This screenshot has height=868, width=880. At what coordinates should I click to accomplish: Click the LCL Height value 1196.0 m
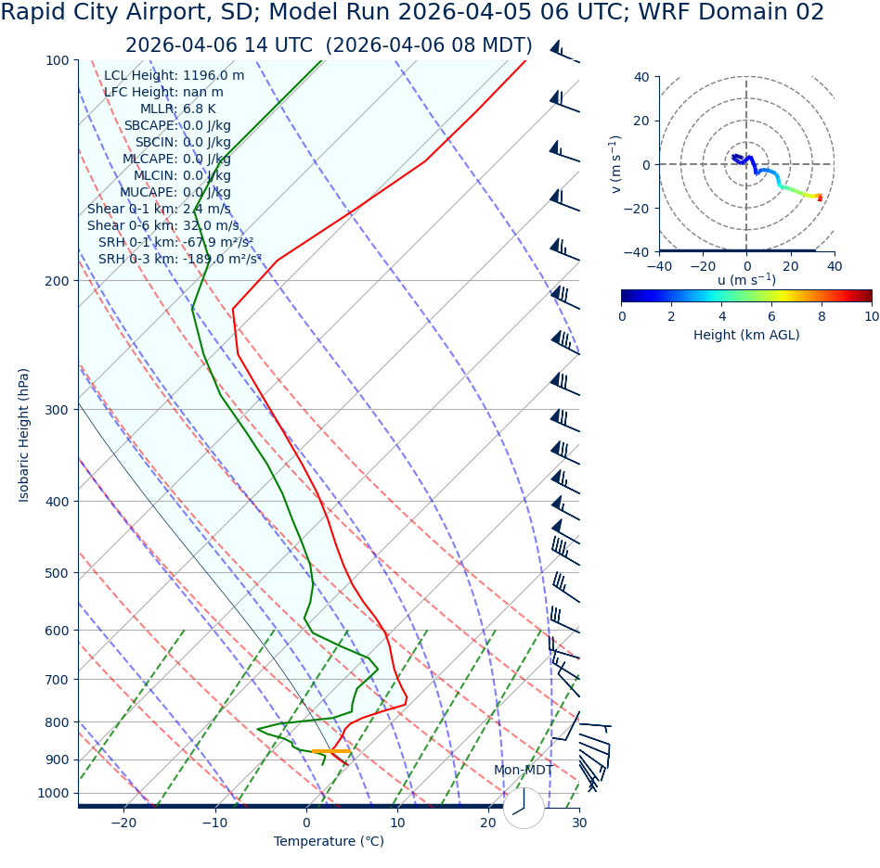point(214,76)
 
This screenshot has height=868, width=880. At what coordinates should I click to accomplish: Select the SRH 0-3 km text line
point(179,260)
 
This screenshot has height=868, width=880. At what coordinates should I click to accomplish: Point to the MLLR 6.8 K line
point(177,109)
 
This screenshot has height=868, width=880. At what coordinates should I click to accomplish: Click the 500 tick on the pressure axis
point(58,573)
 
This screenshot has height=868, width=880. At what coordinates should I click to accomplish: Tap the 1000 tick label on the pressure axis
point(54,793)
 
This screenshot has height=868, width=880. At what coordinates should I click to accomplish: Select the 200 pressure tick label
point(58,281)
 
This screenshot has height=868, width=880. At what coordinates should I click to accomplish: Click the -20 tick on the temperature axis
point(123,823)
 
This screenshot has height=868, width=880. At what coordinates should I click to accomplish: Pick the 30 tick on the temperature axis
point(579,823)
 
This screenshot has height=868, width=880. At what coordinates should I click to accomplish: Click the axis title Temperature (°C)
point(329,842)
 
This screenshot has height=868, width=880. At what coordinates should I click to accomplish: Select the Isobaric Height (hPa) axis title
point(24,435)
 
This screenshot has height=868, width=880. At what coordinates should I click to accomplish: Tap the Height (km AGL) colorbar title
point(746,336)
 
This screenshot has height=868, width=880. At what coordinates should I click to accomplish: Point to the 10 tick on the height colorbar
point(871,316)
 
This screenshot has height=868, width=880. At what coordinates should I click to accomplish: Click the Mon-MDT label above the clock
point(523,771)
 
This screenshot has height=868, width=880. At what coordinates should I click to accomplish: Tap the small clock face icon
point(524,808)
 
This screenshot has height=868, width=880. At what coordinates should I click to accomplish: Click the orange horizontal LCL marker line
point(331,751)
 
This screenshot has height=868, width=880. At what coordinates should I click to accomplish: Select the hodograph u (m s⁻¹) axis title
point(746,280)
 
